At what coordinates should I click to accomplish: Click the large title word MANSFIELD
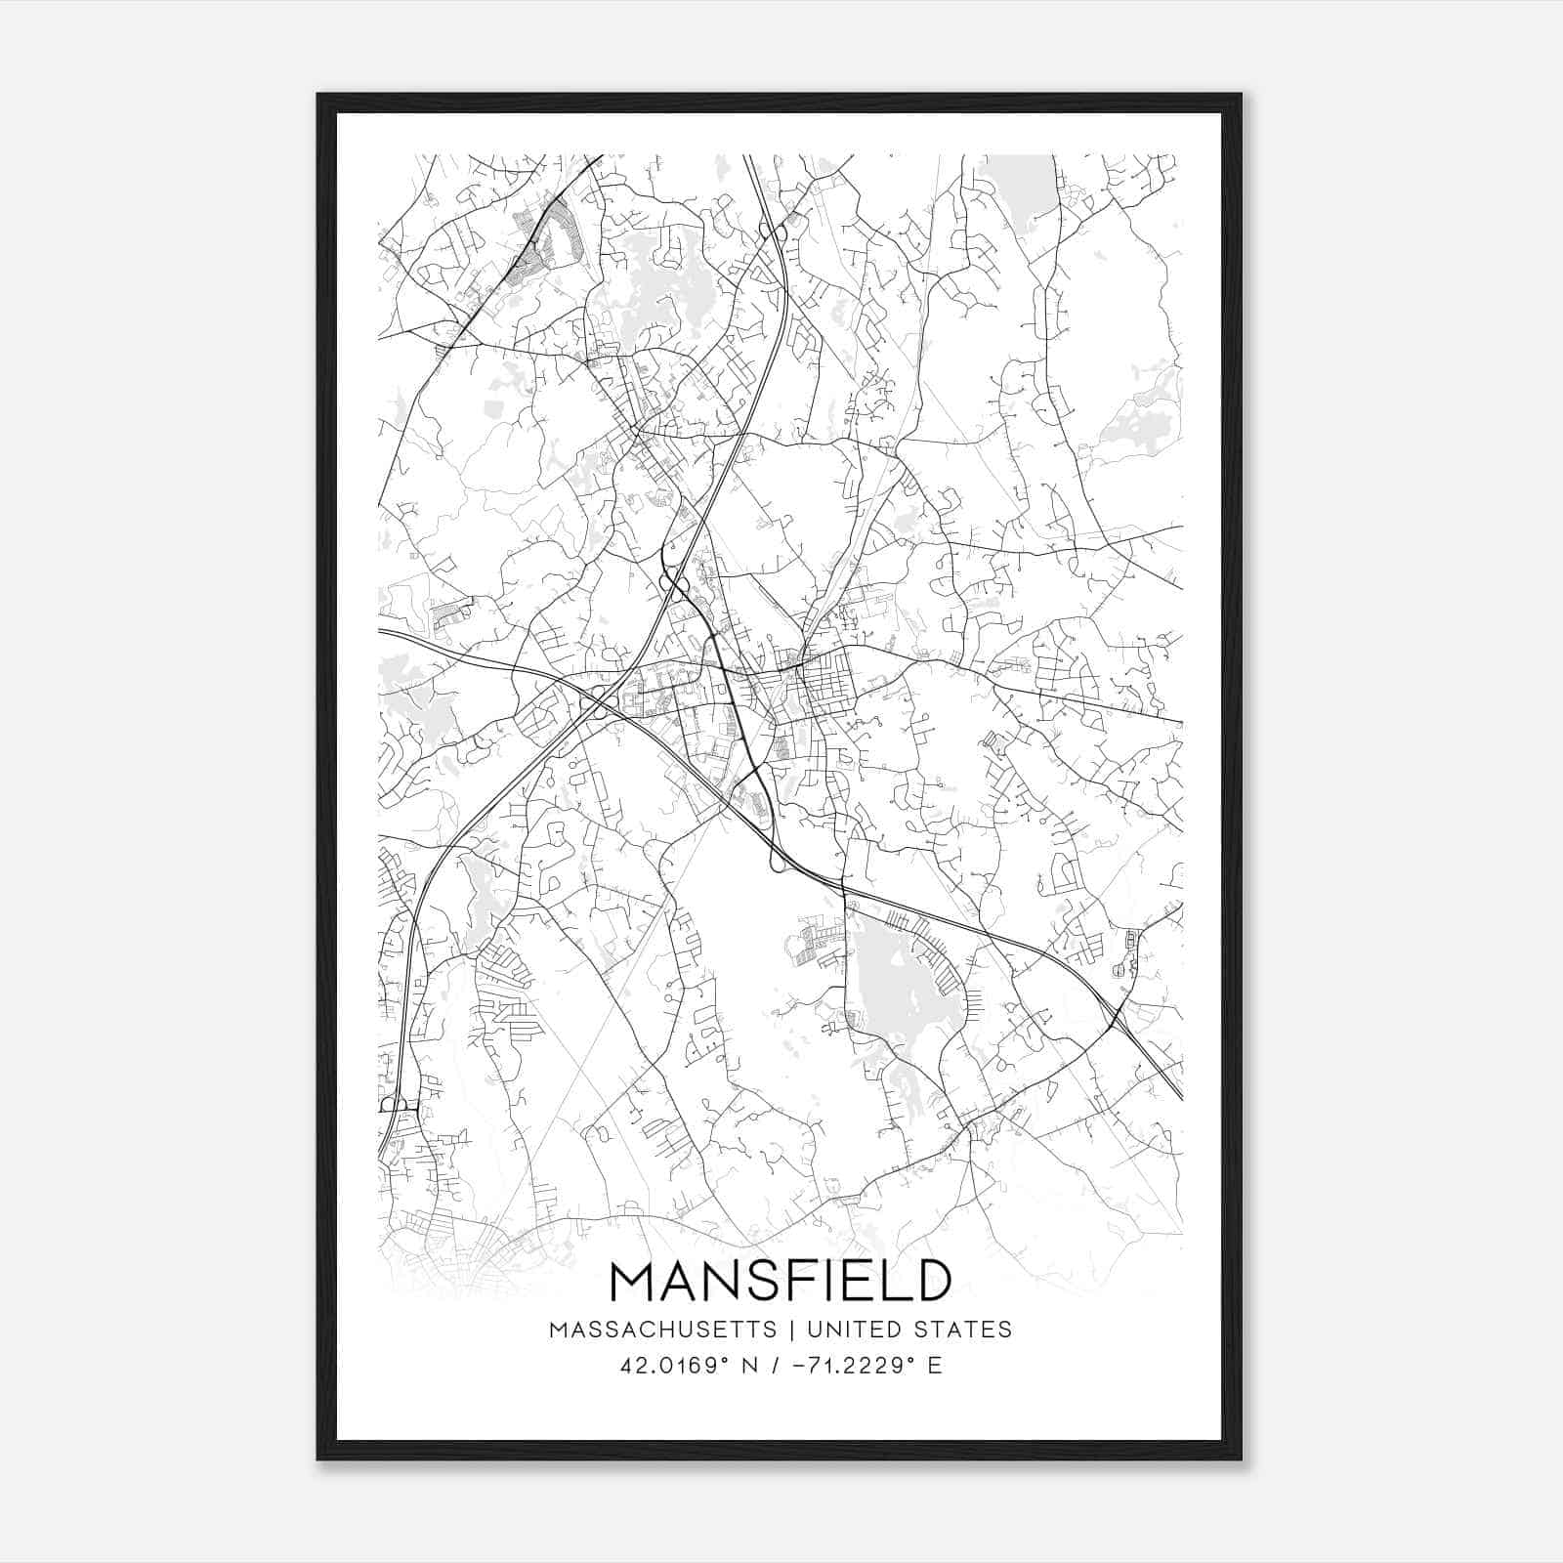point(781,1281)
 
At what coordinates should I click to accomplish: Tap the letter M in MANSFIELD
point(634,1281)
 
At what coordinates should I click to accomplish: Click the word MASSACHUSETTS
point(663,1330)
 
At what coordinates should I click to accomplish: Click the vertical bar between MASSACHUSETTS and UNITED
point(788,1330)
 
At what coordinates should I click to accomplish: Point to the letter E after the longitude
point(935,1366)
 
